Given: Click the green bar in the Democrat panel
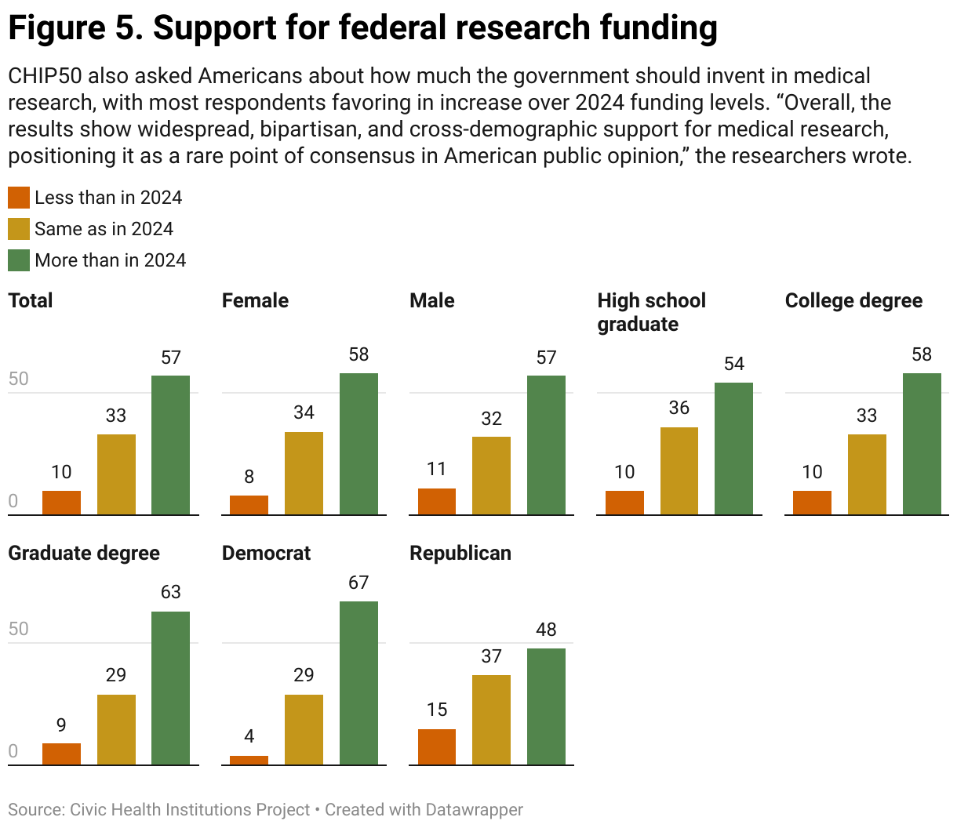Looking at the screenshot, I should coord(358,682).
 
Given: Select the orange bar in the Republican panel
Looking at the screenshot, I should coord(437,746).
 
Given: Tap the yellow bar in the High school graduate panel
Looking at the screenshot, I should coord(679,470).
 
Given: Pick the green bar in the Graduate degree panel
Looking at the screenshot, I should coord(170,688).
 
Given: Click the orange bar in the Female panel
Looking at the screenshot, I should coord(249,505).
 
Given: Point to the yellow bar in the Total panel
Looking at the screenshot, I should coord(116,474).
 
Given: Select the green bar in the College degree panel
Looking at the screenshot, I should coord(922,444).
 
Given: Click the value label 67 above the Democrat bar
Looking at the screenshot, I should coord(358,583).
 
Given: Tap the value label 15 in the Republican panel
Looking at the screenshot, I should coord(437,710).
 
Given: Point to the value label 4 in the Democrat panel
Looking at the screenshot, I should coord(249,736).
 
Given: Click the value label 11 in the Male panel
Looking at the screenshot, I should coord(437,469).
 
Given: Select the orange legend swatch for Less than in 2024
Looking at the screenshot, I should coord(19,198).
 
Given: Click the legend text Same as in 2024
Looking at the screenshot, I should coord(104,229).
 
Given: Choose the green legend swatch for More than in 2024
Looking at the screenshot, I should coord(19,260).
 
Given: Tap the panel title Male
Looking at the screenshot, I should coord(432,300).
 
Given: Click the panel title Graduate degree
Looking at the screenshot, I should coord(84,553).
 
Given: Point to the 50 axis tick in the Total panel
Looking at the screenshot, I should coord(18,379).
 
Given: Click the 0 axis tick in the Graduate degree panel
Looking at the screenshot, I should coord(13,751).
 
